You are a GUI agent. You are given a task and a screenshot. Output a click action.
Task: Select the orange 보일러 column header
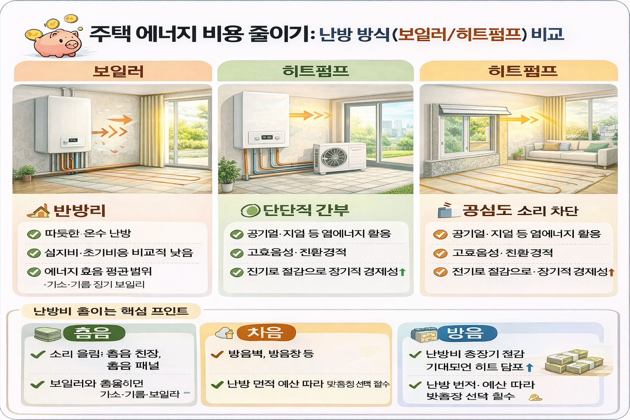click(118, 71)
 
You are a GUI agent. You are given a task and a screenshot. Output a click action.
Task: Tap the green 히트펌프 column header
click(315, 71)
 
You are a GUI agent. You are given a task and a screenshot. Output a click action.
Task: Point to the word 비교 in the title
click(548, 34)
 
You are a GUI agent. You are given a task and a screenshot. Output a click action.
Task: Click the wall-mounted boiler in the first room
click(62, 125)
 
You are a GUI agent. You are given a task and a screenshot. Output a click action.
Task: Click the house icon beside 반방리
click(39, 211)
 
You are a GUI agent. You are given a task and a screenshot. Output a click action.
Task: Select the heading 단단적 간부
click(306, 210)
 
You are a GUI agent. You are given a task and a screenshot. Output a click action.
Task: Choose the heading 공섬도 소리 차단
click(520, 211)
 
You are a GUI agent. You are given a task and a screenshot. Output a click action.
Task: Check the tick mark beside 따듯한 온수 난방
click(34, 234)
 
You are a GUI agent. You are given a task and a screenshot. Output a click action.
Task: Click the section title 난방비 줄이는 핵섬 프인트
click(111, 311)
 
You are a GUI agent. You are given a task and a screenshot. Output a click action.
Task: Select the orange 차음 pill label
click(266, 333)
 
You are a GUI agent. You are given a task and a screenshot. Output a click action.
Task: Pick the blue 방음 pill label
click(467, 333)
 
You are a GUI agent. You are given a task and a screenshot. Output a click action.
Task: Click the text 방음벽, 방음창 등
click(271, 354)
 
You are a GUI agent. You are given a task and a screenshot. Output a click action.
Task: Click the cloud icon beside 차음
click(225, 333)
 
